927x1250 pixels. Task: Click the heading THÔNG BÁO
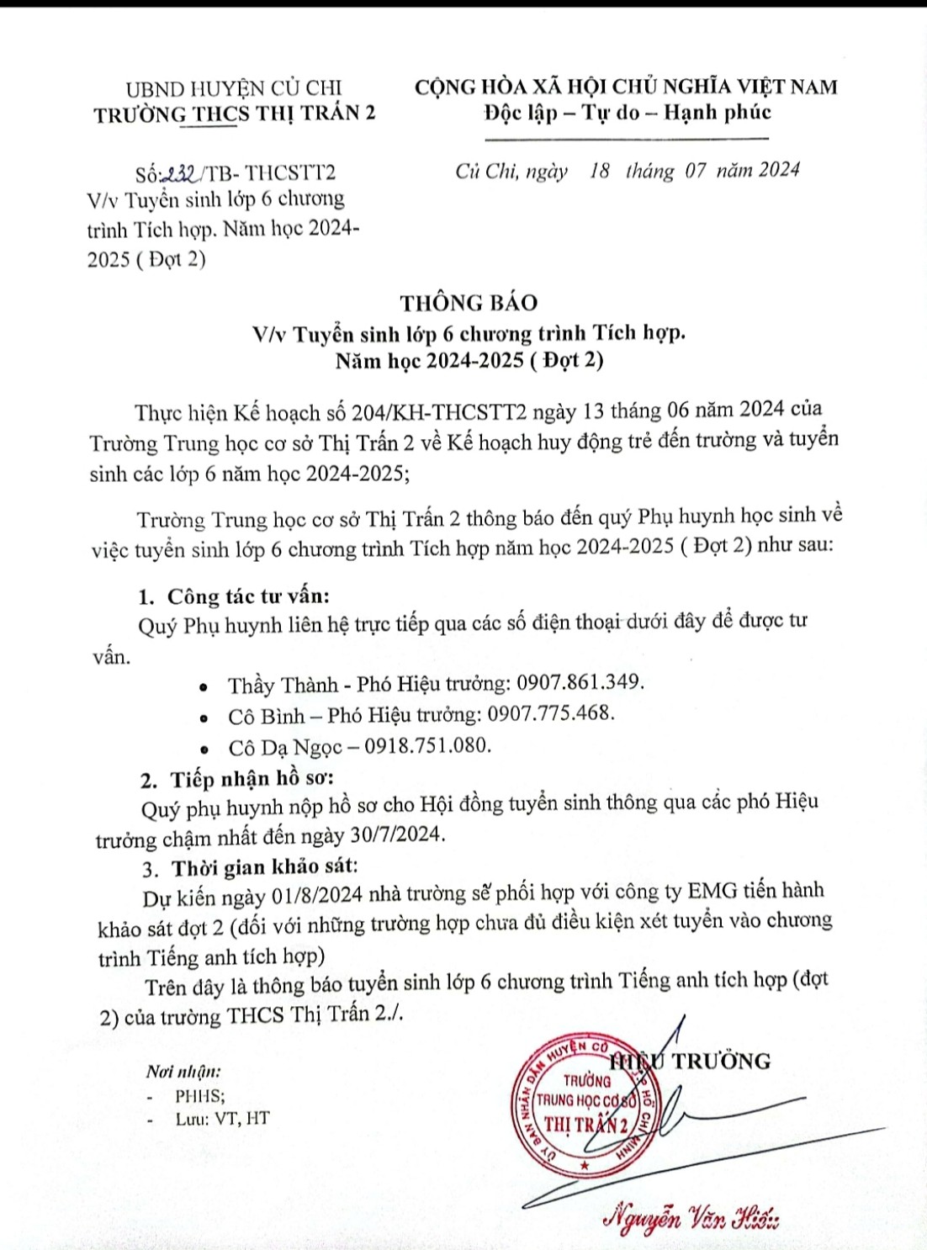point(469,302)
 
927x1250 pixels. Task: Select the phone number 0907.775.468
point(551,713)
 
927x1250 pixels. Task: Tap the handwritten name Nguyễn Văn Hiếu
point(691,1216)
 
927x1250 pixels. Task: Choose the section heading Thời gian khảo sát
point(264,867)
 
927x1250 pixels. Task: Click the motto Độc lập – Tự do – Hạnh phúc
point(627,113)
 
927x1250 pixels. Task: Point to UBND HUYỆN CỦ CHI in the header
point(234,87)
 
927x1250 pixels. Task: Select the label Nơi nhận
point(183,1072)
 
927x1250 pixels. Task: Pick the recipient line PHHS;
point(199,1096)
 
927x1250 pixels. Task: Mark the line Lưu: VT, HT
point(222,1119)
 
